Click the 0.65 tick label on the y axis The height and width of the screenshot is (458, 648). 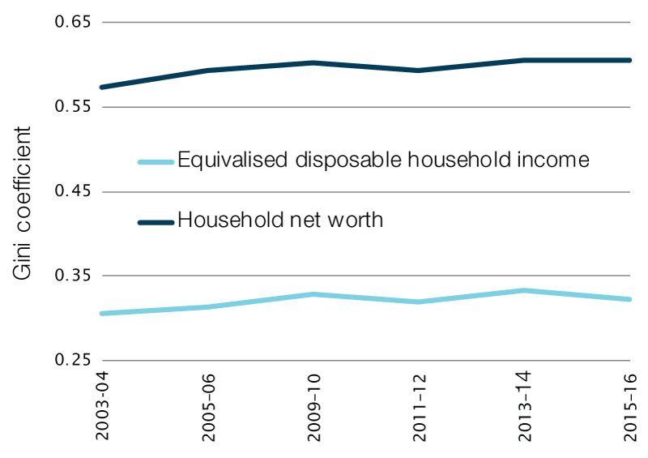(x=72, y=23)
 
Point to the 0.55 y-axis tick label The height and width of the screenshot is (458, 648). (x=72, y=107)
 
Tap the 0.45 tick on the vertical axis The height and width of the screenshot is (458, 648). (x=72, y=192)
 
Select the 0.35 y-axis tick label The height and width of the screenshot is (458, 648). (x=72, y=276)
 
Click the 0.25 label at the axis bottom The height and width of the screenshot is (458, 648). (x=72, y=361)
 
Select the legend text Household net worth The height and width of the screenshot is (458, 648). (x=279, y=220)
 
